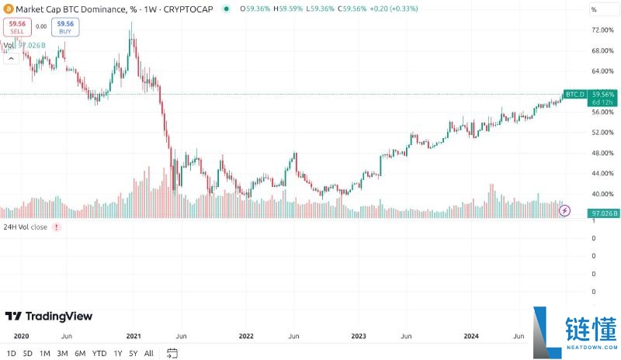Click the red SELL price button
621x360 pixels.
[16, 27]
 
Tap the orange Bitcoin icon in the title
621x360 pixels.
[7, 9]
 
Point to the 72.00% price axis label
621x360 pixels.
[602, 30]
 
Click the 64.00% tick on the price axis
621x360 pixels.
[602, 71]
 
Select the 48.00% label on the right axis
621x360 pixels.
[602, 153]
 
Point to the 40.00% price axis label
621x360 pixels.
[602, 194]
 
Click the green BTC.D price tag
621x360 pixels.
[574, 94]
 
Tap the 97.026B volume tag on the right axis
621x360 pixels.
[603, 212]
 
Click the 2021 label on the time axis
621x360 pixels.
[134, 336]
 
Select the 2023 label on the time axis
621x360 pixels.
[359, 336]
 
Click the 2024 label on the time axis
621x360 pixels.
[471, 336]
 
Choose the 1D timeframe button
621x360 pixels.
[10, 353]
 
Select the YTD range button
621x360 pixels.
[99, 353]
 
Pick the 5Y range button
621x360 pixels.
[134, 353]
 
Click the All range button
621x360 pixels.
[149, 353]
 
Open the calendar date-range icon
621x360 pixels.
[172, 353]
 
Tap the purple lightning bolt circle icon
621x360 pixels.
[565, 210]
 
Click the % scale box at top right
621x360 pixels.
[598, 9]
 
